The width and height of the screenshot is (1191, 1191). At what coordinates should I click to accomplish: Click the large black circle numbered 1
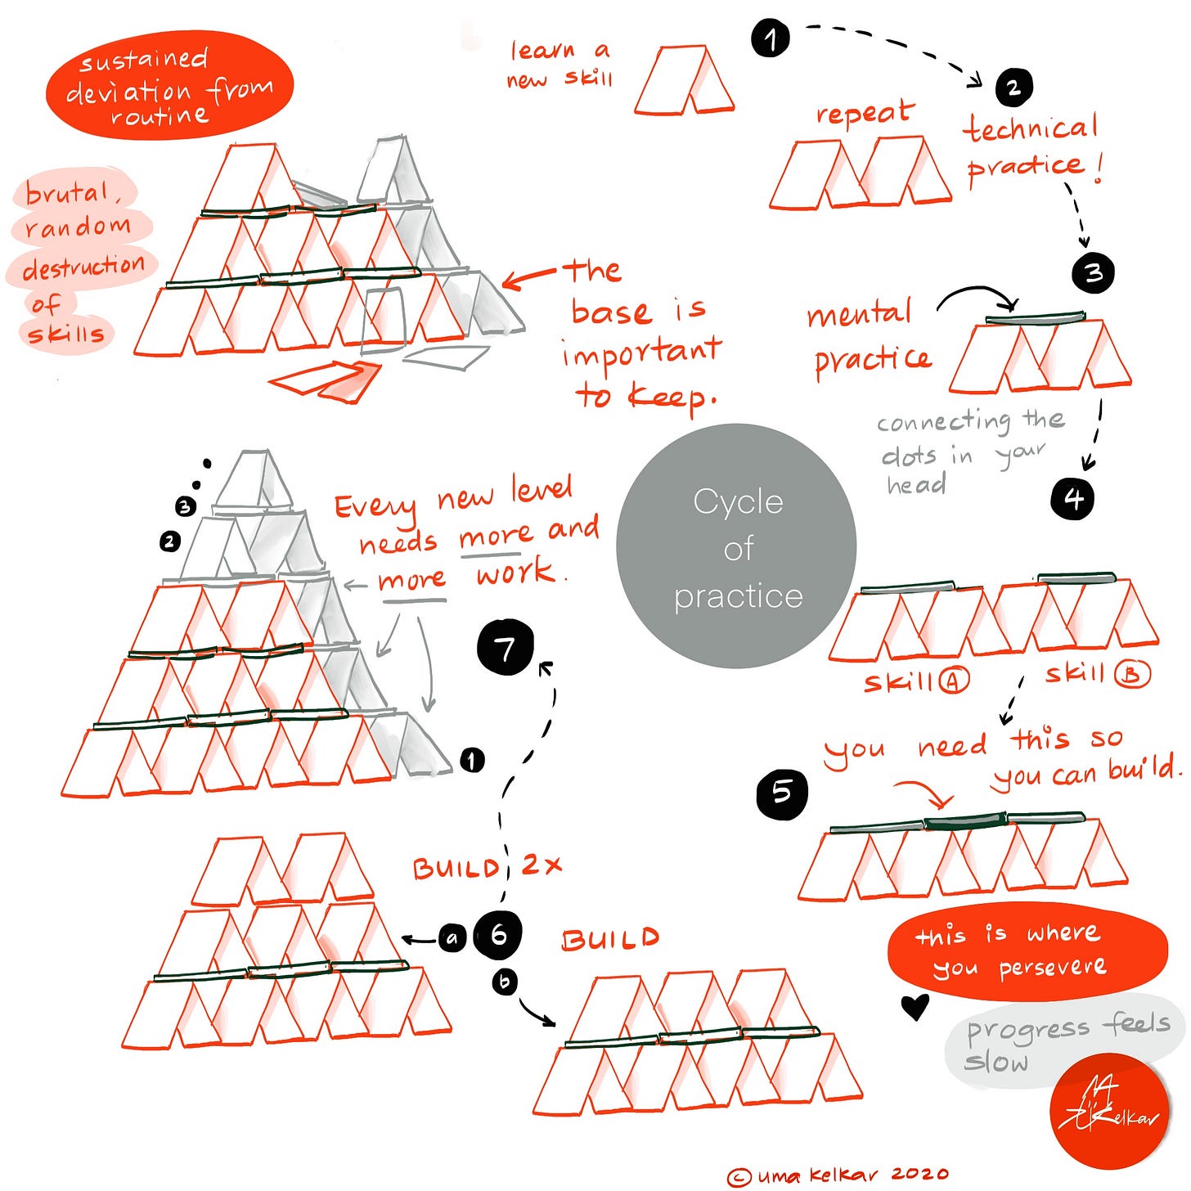click(x=770, y=38)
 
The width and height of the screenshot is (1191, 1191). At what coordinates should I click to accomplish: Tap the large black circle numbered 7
click(x=506, y=648)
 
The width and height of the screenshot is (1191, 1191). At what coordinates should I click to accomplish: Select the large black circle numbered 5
click(x=782, y=792)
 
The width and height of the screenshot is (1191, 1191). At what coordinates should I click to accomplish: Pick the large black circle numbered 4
click(x=1072, y=498)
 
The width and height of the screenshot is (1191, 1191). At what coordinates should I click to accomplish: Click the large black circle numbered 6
click(x=498, y=934)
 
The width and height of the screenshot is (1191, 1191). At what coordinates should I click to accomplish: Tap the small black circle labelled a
click(x=452, y=937)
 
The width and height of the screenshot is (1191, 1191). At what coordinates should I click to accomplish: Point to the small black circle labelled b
click(x=505, y=982)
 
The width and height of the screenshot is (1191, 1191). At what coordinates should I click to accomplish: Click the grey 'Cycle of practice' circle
click(x=736, y=546)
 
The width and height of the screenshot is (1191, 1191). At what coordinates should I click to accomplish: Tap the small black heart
click(x=915, y=1006)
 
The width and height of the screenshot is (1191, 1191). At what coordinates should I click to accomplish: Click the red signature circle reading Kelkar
click(x=1110, y=1111)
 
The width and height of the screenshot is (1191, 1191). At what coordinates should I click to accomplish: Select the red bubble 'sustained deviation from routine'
click(x=169, y=86)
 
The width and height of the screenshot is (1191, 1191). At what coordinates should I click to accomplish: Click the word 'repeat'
click(x=864, y=114)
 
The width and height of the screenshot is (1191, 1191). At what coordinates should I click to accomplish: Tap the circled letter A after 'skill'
click(x=953, y=680)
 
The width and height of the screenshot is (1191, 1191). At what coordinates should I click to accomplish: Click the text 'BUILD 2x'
click(x=488, y=866)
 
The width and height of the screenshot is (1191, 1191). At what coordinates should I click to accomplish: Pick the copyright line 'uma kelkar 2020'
click(x=838, y=1175)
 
